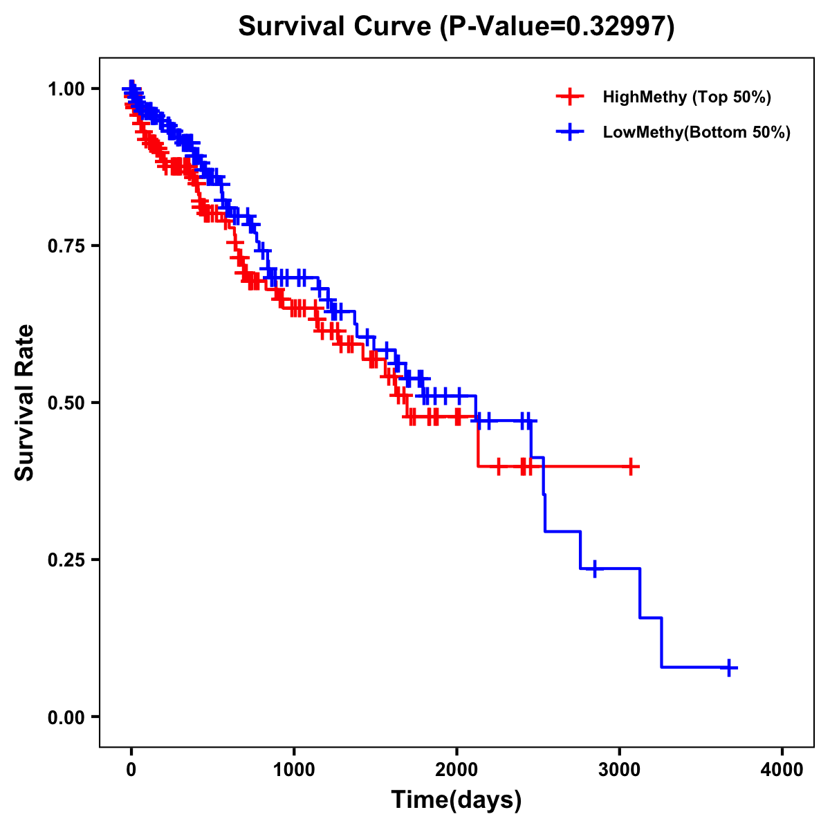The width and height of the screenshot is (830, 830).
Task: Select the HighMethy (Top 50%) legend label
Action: pyautogui.click(x=686, y=97)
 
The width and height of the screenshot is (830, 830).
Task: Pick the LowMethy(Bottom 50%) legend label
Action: pyautogui.click(x=697, y=132)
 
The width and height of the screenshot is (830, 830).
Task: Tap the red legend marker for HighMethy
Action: pyautogui.click(x=570, y=97)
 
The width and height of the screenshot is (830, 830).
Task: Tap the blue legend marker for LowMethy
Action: pyautogui.click(x=570, y=132)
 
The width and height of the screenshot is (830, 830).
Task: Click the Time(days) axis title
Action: pyautogui.click(x=456, y=800)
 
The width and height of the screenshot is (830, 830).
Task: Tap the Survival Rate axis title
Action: pyautogui.click(x=25, y=403)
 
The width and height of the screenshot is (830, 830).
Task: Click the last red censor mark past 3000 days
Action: pyautogui.click(x=630, y=467)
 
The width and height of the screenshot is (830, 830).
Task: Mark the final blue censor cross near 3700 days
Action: pyautogui.click(x=728, y=667)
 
